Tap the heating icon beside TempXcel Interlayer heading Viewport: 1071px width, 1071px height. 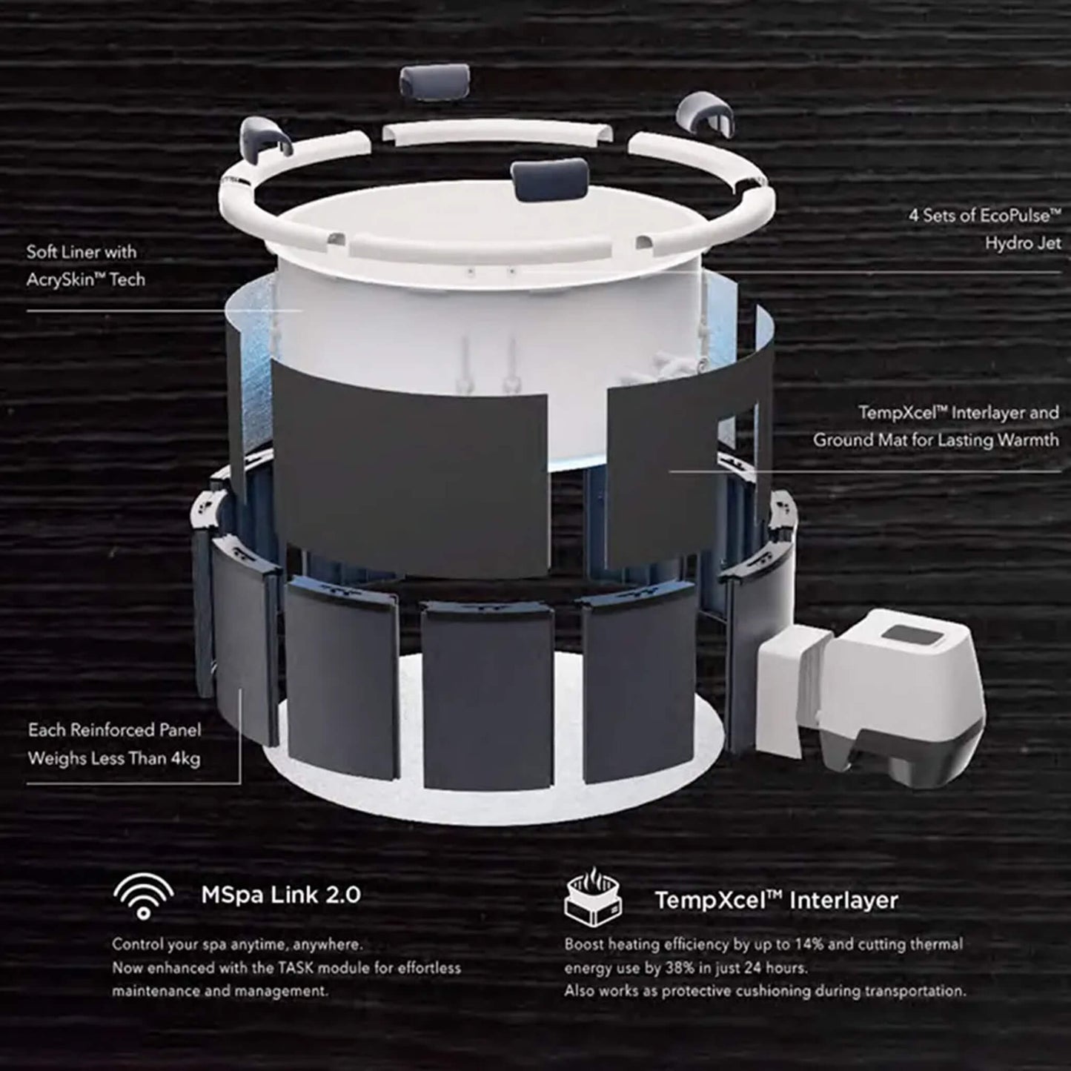(592, 898)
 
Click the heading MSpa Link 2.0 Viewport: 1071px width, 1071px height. (281, 895)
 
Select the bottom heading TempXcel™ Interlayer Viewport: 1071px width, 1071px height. (776, 900)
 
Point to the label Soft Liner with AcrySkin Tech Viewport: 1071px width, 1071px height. (85, 265)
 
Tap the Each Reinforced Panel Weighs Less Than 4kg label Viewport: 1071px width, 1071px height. (114, 744)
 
